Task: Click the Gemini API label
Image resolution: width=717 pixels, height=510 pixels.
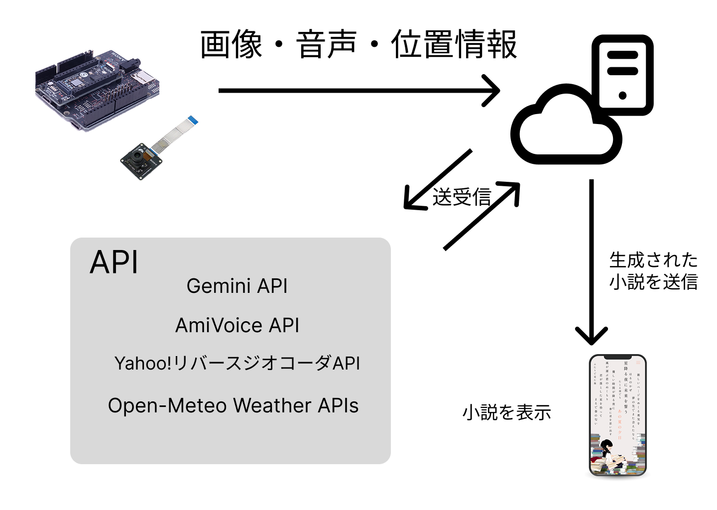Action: tap(237, 286)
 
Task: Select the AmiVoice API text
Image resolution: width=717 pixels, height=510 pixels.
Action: tap(237, 325)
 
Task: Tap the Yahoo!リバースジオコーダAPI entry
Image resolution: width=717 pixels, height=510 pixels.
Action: tap(237, 363)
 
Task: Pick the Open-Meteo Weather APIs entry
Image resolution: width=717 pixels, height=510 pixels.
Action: tap(233, 405)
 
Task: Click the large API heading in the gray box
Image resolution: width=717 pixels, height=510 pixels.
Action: tap(114, 262)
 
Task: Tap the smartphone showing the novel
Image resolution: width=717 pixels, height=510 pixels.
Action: tap(617, 415)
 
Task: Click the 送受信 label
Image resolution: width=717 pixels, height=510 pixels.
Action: tap(462, 197)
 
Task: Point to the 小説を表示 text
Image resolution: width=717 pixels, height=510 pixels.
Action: tap(507, 412)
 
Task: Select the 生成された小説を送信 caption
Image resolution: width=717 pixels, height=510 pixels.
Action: tap(653, 271)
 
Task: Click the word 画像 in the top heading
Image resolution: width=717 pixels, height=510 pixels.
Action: tap(231, 44)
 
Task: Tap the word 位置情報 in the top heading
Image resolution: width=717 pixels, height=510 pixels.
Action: tap(454, 44)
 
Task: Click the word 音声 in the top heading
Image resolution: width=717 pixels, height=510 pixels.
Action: tap(327, 44)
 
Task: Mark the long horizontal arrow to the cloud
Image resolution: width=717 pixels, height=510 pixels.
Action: tap(358, 90)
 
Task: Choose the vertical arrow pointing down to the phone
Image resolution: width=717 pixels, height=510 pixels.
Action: tap(592, 259)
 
